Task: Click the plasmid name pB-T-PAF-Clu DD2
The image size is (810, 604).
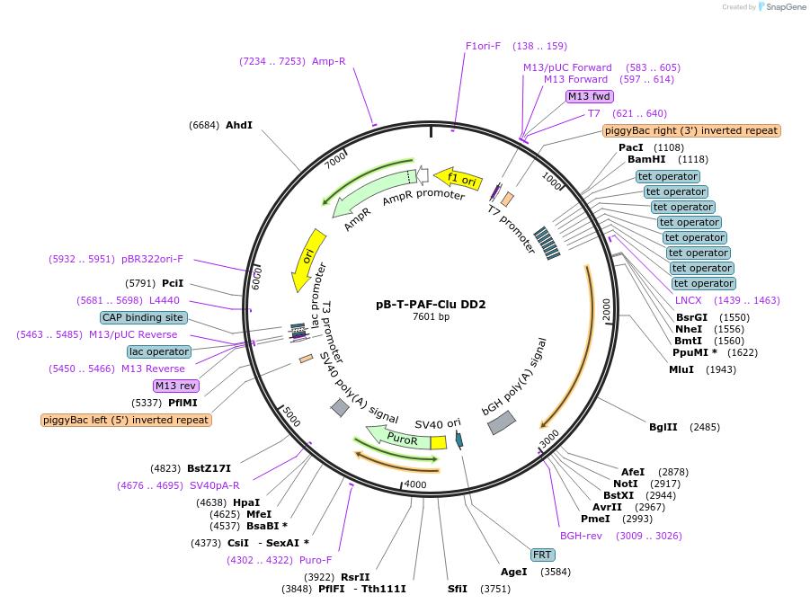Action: click(x=431, y=304)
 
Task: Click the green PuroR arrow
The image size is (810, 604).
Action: click(x=401, y=438)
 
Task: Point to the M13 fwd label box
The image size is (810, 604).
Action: click(x=589, y=96)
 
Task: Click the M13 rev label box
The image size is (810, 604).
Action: click(x=175, y=386)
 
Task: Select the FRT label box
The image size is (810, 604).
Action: click(x=542, y=555)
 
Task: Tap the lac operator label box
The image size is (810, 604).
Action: click(x=159, y=351)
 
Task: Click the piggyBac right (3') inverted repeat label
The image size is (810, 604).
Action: click(x=690, y=130)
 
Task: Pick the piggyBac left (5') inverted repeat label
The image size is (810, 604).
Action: click(x=126, y=420)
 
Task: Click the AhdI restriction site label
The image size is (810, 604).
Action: click(x=239, y=125)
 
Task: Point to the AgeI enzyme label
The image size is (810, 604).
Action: click(x=513, y=571)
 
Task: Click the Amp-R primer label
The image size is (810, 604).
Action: click(x=329, y=61)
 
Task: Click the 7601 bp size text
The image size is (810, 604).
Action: click(x=431, y=316)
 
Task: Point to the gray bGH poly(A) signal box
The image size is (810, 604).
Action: click(x=502, y=422)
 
